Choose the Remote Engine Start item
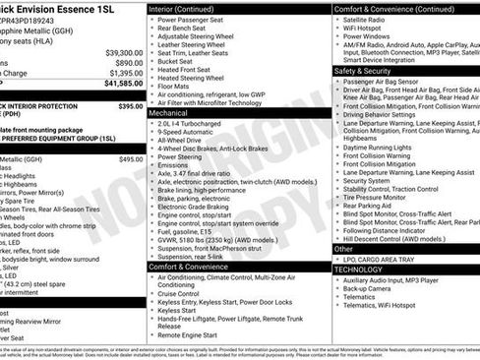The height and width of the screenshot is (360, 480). (x=194, y=335)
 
